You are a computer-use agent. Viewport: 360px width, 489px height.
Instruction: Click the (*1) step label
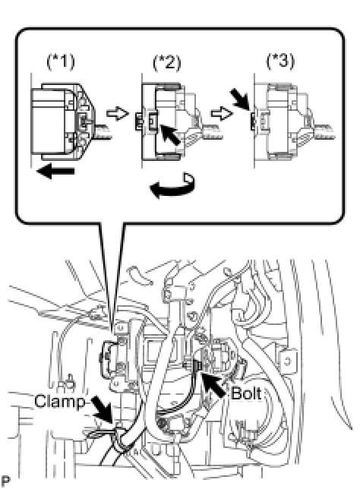[61, 62]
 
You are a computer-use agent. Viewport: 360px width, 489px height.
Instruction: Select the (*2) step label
[167, 62]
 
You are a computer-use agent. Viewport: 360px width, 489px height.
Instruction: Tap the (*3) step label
[279, 61]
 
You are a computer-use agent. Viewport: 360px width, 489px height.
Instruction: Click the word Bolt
[246, 393]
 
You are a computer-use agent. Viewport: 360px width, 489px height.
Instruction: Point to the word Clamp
[59, 401]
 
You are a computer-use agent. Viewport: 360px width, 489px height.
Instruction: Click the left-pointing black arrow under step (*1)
[55, 172]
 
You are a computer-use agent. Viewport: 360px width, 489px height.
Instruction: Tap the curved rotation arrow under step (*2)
[172, 185]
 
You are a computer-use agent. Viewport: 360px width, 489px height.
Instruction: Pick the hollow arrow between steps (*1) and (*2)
[118, 113]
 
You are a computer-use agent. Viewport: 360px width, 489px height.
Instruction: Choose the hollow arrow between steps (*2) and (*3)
[222, 114]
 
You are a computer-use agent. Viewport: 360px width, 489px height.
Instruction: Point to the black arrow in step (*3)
[239, 99]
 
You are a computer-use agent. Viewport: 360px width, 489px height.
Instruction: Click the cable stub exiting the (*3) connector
[324, 131]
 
